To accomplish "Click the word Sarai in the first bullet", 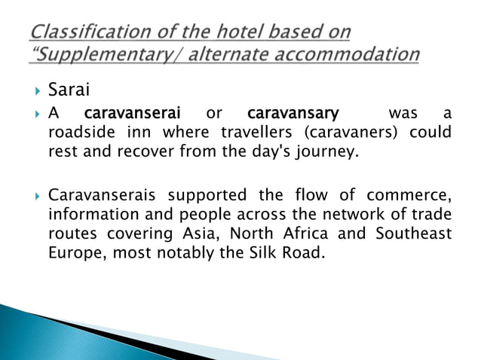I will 69,92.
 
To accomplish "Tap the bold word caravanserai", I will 133,114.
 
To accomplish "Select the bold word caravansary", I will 293,114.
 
